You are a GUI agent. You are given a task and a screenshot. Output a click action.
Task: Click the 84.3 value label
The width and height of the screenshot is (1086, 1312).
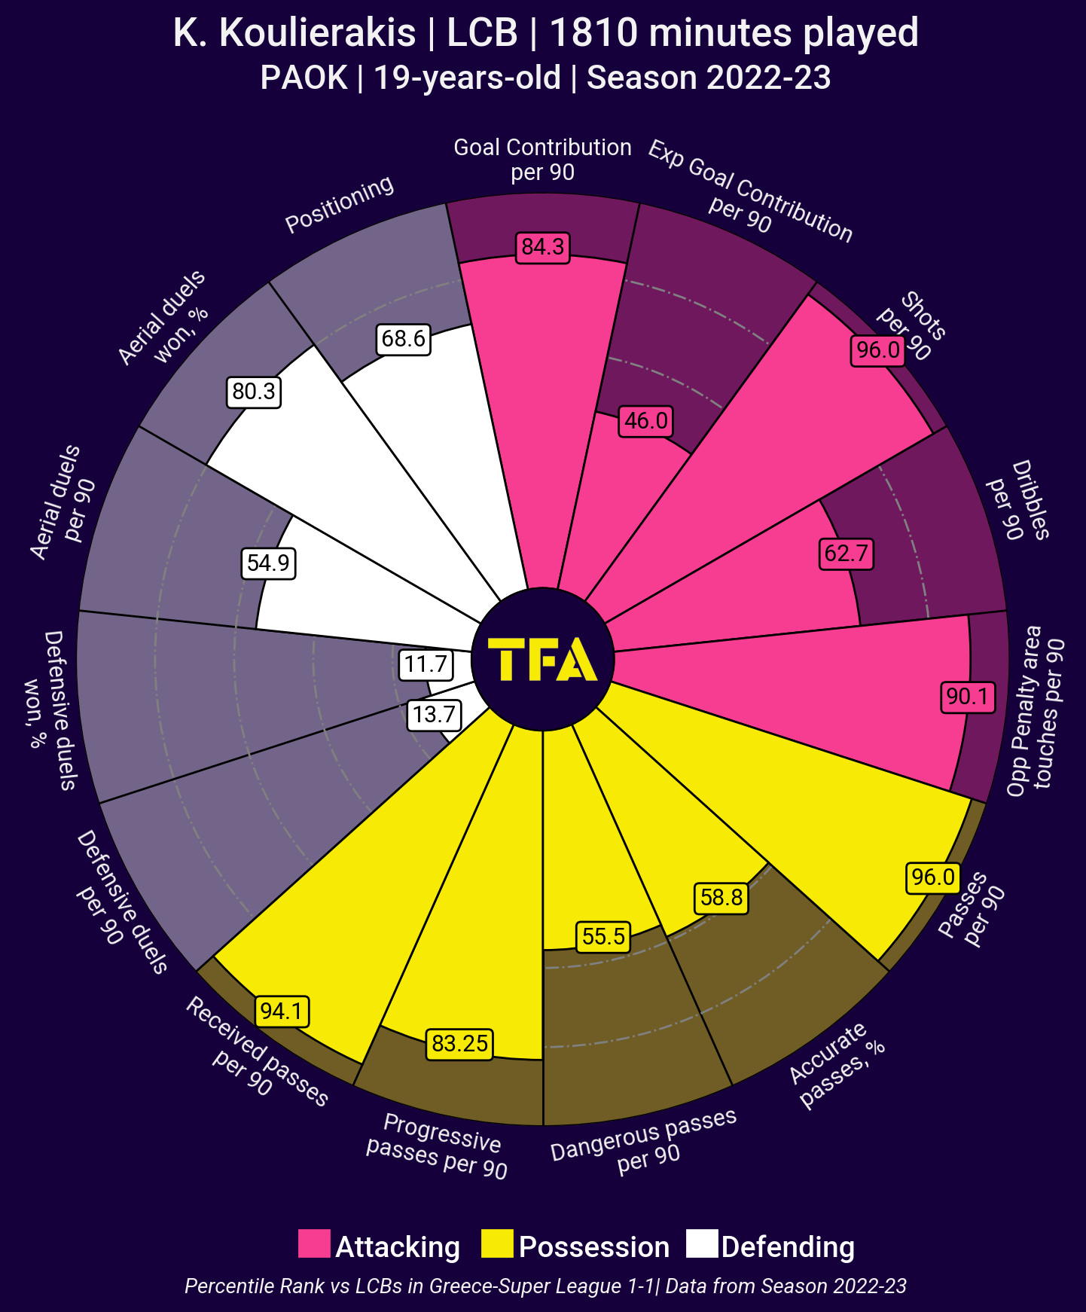[542, 248]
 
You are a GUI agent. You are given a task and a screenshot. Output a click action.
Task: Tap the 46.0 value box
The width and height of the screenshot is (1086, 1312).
[645, 420]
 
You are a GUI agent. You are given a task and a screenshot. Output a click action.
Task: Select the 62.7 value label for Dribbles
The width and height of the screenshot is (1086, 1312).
[846, 554]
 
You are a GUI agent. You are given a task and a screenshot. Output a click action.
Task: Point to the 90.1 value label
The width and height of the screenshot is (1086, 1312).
[968, 697]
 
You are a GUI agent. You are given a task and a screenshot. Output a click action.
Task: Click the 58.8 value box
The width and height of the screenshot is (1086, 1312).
[721, 897]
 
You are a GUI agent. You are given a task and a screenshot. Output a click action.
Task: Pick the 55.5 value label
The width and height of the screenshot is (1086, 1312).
[603, 936]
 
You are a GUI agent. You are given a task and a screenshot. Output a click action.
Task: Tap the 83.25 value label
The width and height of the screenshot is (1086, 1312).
[459, 1044]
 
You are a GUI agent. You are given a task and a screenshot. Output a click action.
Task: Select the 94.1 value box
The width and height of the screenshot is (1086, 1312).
[282, 1011]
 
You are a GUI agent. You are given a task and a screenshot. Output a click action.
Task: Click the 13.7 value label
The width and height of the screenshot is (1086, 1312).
[434, 714]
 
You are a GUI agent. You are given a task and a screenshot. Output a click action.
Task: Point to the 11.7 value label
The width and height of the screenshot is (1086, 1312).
[426, 665]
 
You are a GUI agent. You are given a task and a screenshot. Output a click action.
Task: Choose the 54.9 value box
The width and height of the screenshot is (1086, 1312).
[268, 563]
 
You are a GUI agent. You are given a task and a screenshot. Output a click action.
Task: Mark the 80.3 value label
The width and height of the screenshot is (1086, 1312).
[254, 392]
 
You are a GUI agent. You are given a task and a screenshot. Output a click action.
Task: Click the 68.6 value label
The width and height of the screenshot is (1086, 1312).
[403, 339]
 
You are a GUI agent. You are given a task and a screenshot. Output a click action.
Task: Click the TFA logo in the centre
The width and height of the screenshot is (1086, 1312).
[542, 659]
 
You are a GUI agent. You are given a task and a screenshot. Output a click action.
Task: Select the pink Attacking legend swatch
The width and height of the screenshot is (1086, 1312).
[314, 1243]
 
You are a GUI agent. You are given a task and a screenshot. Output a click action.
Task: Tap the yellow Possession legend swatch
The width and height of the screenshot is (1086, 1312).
[497, 1243]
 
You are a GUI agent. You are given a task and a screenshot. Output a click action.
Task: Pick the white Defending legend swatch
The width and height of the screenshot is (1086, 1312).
[702, 1243]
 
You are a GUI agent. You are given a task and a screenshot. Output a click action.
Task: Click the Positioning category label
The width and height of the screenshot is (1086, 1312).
[340, 204]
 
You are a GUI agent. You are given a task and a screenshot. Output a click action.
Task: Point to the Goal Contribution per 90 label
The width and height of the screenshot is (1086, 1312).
[542, 160]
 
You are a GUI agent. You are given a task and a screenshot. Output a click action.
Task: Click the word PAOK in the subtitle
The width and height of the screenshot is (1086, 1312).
[304, 78]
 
